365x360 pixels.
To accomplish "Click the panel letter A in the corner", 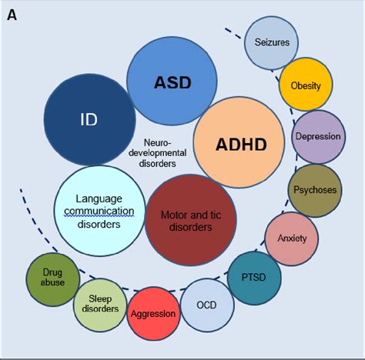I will [13, 15].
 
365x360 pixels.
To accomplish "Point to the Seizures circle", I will [271, 42].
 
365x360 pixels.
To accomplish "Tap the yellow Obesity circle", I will [305, 85].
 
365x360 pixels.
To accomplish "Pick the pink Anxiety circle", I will [292, 238].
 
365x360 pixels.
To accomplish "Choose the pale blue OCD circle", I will [206, 305].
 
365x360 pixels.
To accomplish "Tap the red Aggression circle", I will [153, 314].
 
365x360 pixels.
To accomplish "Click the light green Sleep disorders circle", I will [100, 302].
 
